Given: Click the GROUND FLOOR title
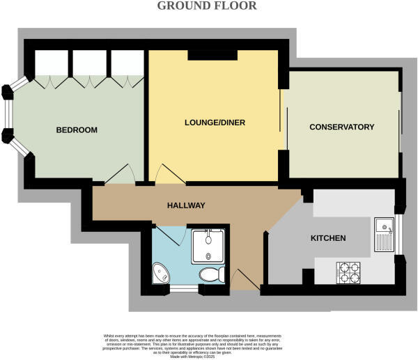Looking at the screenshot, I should [206, 6].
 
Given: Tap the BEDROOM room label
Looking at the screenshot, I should [76, 130].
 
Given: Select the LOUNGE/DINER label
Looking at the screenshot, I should [215, 123].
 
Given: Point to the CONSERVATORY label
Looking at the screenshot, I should [342, 127].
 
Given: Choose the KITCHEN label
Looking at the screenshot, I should [328, 239].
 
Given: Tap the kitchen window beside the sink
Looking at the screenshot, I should [399, 234].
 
